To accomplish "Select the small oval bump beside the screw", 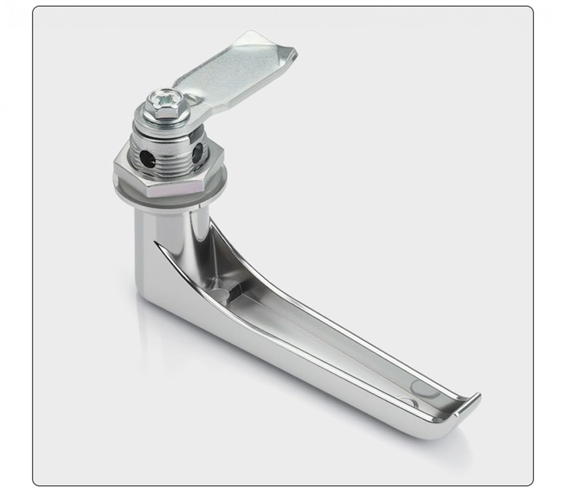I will (191, 104).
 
